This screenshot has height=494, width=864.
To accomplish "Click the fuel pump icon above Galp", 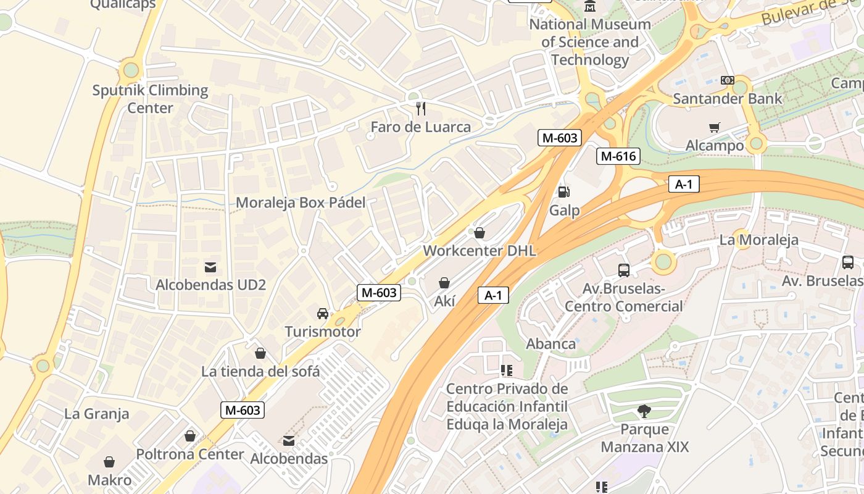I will (x=563, y=192).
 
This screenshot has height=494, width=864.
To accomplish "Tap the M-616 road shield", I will (x=618, y=156).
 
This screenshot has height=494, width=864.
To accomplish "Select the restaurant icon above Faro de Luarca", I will (x=421, y=109).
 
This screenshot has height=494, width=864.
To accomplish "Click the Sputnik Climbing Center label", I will (x=150, y=99).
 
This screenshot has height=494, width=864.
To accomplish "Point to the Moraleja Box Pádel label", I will (x=301, y=203).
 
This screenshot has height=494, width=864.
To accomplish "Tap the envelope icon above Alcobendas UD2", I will (x=210, y=267).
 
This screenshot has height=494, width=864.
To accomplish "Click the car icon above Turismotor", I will (x=323, y=314).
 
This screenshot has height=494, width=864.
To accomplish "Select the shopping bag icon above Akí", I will (x=444, y=283).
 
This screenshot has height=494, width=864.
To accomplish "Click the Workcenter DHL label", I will (x=480, y=251).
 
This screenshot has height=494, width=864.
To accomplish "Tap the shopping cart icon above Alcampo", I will (x=715, y=128).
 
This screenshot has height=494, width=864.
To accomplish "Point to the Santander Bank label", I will (x=727, y=98).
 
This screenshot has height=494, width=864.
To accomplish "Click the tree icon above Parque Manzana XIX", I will (x=644, y=411).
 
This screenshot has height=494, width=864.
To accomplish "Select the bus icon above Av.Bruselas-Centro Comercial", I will (x=624, y=270).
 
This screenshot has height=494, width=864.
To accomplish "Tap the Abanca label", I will (x=550, y=344).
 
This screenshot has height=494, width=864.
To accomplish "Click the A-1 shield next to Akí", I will (x=493, y=295).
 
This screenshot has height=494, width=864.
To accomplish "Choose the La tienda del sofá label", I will (x=260, y=371).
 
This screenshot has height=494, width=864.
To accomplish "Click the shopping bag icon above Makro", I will (x=109, y=462).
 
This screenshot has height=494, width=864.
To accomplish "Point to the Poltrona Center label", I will (x=190, y=454).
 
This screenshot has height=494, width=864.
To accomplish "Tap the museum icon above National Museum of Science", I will (x=591, y=7).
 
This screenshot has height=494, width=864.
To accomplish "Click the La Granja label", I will (x=97, y=414).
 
